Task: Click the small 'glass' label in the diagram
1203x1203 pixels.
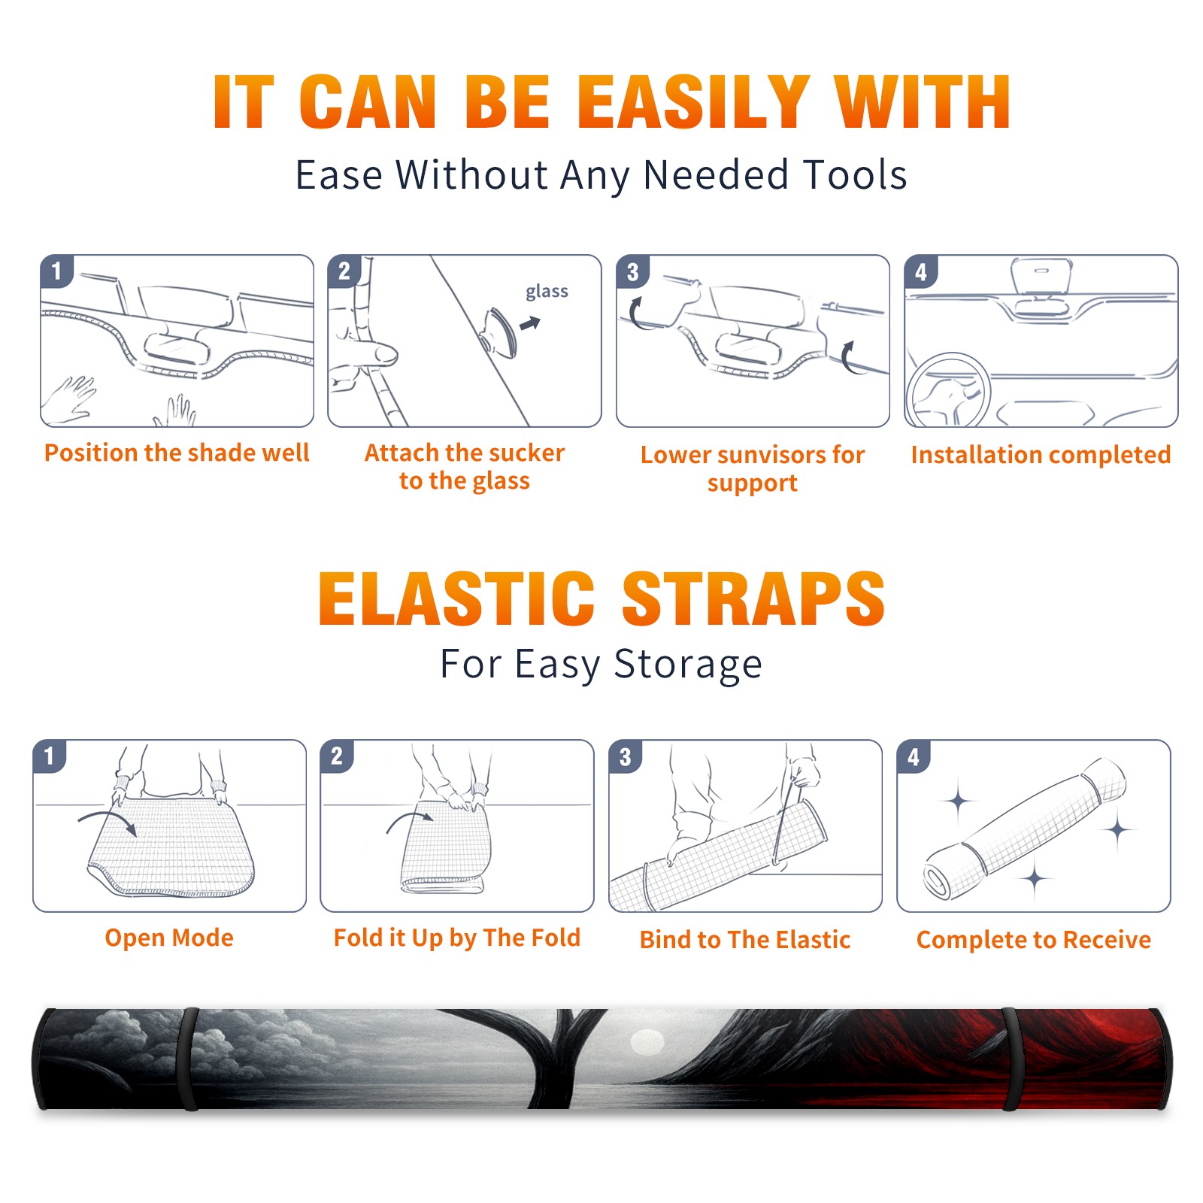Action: tap(547, 291)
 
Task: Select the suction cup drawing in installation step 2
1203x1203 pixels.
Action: tap(499, 332)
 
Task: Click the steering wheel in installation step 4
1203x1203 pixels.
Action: tap(949, 390)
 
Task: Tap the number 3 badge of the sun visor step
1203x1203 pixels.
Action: tap(632, 271)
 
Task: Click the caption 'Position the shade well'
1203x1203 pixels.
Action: tap(177, 453)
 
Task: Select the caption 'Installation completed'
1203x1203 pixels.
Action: tap(1041, 455)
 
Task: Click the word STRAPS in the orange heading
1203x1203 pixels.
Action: tap(753, 598)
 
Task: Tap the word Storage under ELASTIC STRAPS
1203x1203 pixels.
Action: tap(688, 665)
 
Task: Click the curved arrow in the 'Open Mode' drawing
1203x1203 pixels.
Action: tap(108, 821)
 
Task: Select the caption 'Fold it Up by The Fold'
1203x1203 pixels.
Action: tap(457, 938)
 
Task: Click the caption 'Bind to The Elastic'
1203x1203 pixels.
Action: tap(745, 940)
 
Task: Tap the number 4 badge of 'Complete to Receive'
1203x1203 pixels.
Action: tap(914, 756)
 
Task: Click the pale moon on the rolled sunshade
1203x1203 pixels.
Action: tap(647, 1043)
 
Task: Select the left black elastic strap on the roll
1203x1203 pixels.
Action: tap(189, 1059)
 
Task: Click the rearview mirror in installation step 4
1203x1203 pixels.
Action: tap(1041, 275)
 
